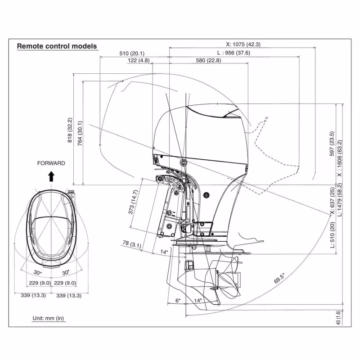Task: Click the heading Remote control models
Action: tap(57, 46)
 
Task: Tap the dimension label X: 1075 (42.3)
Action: tap(243, 45)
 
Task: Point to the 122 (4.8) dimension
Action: tap(139, 60)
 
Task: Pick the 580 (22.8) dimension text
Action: tap(208, 60)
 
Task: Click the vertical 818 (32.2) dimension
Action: tap(70, 130)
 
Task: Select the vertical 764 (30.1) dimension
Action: tap(80, 133)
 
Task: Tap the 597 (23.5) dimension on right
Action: tap(332, 144)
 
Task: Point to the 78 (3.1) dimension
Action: tap(131, 245)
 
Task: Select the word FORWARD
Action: tap(51, 163)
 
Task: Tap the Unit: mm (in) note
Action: tap(48, 318)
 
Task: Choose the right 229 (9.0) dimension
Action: tap(65, 283)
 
